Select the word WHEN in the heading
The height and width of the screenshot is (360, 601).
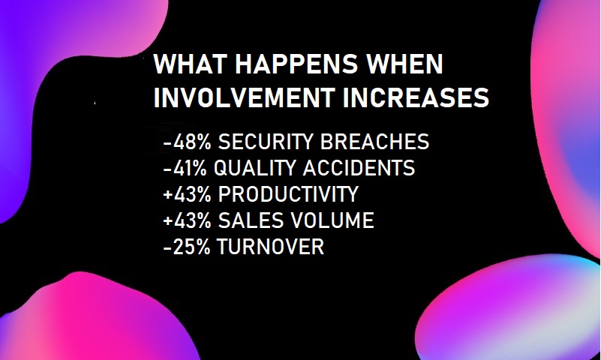click(404, 64)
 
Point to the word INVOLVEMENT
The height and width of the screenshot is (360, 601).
click(244, 97)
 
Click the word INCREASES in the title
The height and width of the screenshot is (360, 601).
click(416, 97)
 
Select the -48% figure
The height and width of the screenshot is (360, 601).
click(187, 142)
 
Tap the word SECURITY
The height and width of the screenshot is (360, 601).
click(266, 142)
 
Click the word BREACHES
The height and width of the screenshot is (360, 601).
click(374, 142)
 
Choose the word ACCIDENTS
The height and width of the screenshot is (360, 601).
click(359, 168)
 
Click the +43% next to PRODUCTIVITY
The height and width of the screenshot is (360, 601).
click(187, 193)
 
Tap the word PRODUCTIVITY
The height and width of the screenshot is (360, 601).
click(288, 193)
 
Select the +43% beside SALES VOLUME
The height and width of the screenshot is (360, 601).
click(187, 220)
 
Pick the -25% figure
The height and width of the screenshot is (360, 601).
click(187, 246)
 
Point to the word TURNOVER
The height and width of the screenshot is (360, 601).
click(271, 246)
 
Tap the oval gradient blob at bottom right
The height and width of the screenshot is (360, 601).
click(509, 310)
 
